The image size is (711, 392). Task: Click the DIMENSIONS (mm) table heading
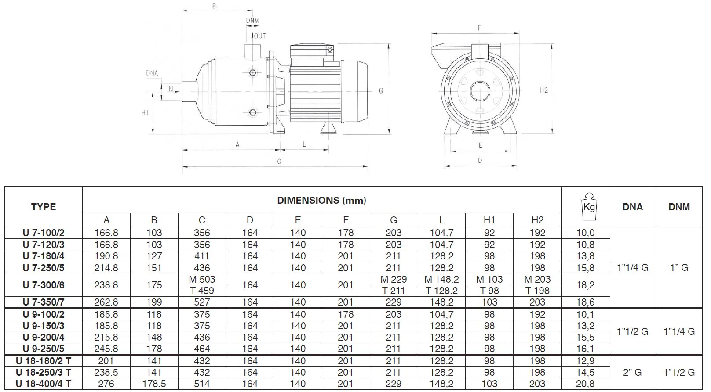click(321, 200)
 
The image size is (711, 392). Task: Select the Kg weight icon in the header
click(589, 206)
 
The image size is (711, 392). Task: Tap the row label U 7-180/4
click(44, 256)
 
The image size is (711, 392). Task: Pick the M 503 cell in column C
click(202, 279)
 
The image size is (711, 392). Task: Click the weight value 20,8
click(585, 384)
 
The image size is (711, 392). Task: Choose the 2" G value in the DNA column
click(632, 372)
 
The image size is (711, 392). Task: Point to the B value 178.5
click(154, 384)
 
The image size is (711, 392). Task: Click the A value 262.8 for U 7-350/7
click(106, 302)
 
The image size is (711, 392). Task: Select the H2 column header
click(537, 220)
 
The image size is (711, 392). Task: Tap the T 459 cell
click(202, 291)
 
